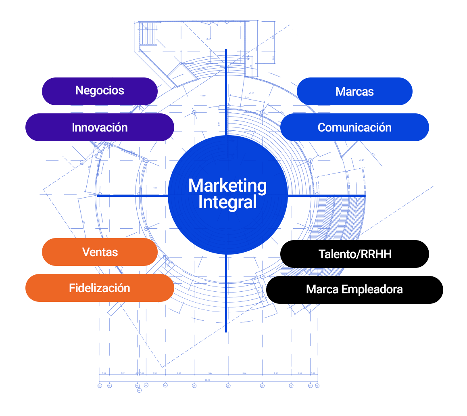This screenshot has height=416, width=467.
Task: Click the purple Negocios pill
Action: click(100, 91)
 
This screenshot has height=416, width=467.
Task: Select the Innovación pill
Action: click(100, 128)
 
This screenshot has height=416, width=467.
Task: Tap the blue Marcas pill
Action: click(354, 92)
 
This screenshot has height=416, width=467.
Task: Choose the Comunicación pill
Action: click(354, 128)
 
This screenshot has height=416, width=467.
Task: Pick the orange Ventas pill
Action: click(100, 252)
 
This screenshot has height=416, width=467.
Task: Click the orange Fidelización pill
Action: click(100, 288)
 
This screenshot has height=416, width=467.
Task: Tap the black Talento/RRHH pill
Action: click(354, 254)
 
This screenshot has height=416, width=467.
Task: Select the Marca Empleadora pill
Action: click(354, 290)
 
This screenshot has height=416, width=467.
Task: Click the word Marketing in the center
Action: click(227, 186)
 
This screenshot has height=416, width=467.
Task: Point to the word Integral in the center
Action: click(227, 203)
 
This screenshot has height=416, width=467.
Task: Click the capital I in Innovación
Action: click(73, 128)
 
